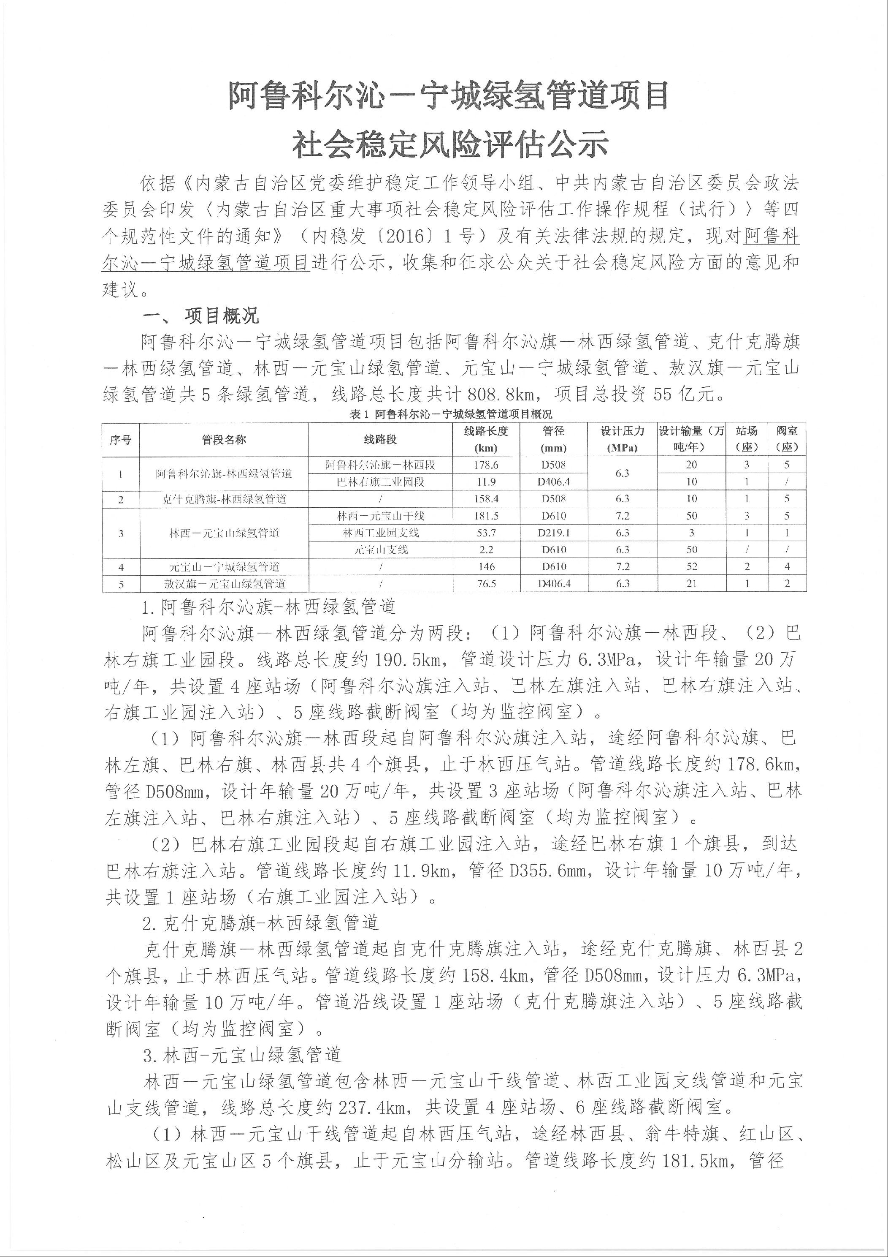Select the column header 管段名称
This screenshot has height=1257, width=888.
[x=224, y=440]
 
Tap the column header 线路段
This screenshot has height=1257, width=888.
[x=380, y=440]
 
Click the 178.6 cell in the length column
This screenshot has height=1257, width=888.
[x=486, y=465]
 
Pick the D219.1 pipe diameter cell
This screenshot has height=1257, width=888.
[x=554, y=533]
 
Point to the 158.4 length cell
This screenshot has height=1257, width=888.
[x=486, y=499]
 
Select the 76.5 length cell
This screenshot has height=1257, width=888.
[x=486, y=584]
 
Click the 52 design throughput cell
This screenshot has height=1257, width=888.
[x=692, y=567]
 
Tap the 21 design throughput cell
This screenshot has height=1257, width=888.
[x=692, y=584]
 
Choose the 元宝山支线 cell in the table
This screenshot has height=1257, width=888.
[x=380, y=550]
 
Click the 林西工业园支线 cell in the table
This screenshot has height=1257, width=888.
[x=380, y=533]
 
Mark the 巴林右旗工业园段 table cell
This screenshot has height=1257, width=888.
[x=380, y=482]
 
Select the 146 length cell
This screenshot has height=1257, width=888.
[x=486, y=567]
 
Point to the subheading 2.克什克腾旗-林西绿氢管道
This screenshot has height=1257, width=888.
[x=260, y=923]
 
